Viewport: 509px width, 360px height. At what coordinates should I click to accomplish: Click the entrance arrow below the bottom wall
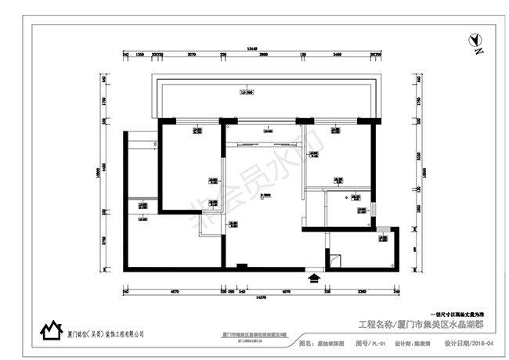coord(315,275)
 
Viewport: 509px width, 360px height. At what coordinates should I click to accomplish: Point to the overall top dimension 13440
coord(251,48)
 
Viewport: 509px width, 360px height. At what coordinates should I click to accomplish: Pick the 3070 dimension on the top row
coord(191,55)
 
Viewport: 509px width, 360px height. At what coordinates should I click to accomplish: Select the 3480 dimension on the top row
coord(337,55)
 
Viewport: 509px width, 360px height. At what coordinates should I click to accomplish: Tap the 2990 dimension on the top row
coord(263,55)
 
